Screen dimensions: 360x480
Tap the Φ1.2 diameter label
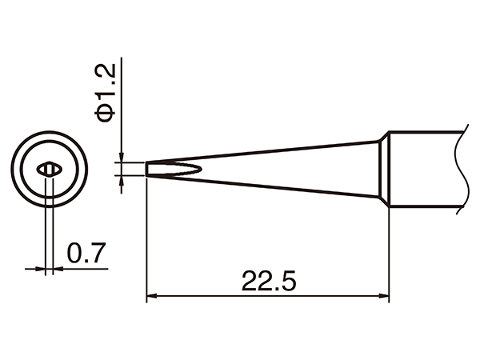(106, 94)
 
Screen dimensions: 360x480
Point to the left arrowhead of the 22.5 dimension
(151, 298)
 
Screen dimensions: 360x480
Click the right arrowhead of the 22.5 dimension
(384, 298)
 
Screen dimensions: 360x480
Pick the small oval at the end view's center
(50, 169)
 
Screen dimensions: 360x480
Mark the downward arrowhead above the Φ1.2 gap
(121, 157)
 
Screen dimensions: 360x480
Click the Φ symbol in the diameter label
(106, 114)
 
